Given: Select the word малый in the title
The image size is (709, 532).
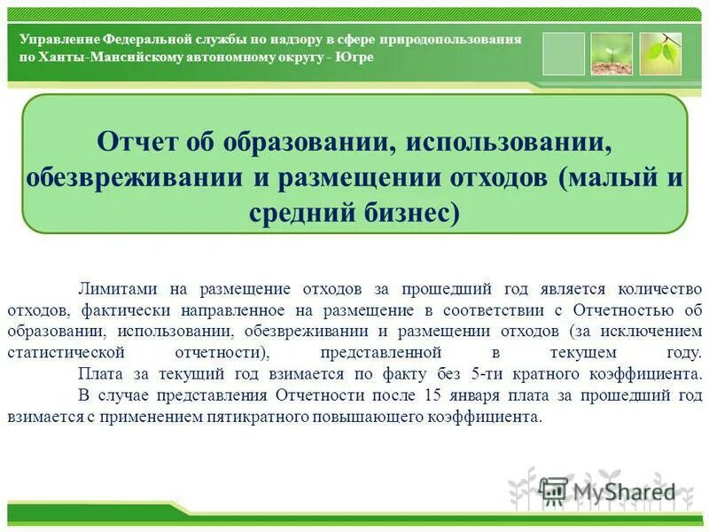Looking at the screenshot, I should (x=612, y=176).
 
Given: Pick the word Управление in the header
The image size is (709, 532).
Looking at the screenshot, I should (x=58, y=41).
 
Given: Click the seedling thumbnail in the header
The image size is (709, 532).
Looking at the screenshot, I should (x=612, y=54).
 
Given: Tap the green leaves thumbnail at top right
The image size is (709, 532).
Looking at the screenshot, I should (x=660, y=54).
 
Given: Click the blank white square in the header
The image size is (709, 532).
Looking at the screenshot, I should (x=564, y=54).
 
